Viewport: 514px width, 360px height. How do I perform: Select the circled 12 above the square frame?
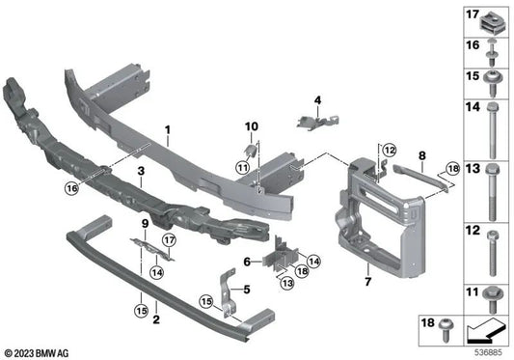click(390, 150)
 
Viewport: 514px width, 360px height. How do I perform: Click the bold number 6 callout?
click(247, 261)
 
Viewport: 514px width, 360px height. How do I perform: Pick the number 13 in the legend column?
click(473, 169)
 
